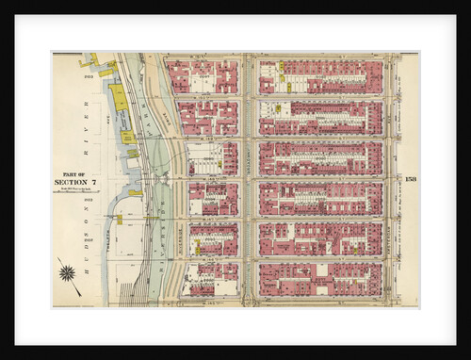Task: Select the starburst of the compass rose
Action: coord(67,273)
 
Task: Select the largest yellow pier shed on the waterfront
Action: coord(120,97)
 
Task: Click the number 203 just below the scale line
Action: coord(88,200)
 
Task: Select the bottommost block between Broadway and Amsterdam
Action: coord(320,280)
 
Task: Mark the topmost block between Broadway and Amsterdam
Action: coord(320,77)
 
